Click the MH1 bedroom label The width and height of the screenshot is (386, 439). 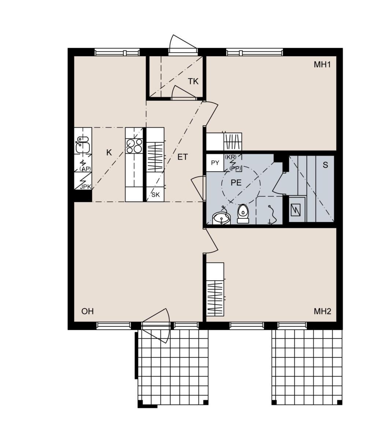322,64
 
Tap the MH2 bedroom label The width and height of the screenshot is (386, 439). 322,311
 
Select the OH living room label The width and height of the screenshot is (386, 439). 88,311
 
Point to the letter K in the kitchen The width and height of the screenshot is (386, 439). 109,153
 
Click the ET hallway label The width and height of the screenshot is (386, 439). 182,157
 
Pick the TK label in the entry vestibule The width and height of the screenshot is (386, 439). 193,82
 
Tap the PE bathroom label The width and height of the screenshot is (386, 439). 236,183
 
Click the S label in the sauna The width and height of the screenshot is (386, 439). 325,165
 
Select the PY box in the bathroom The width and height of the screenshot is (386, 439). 215,163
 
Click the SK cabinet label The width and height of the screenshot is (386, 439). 156,195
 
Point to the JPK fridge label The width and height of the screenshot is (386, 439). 85,187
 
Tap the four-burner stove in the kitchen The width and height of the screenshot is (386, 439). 134,146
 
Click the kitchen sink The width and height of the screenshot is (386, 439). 83,144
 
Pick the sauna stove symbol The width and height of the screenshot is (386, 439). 296,210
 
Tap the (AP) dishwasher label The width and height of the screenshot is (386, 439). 85,169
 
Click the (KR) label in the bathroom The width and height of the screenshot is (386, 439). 231,157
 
